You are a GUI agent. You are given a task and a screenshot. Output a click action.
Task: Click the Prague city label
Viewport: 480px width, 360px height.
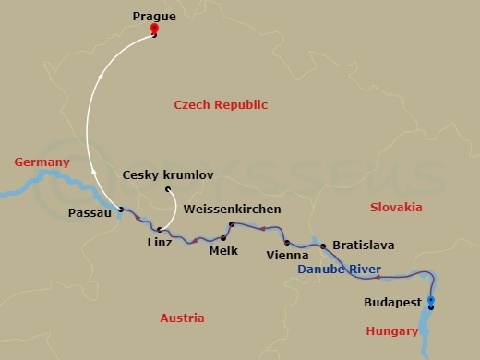pos(154,16)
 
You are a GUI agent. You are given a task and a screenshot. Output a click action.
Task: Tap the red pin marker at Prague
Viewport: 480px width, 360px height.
pos(154,30)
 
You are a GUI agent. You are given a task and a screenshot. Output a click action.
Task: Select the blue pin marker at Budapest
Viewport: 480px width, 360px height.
pos(431,300)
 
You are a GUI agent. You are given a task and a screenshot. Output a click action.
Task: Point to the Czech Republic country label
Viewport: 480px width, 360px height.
pos(221,105)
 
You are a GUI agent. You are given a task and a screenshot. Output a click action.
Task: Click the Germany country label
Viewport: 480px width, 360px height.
pos(42,162)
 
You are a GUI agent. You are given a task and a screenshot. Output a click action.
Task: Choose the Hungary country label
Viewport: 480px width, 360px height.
pos(394,330)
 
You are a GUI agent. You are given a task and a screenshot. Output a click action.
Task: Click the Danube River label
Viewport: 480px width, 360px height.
pos(340,270)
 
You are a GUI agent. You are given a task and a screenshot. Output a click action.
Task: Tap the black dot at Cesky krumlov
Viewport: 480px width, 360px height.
pos(168,191)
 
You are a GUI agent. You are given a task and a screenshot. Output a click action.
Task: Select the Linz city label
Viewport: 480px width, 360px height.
pos(160,242)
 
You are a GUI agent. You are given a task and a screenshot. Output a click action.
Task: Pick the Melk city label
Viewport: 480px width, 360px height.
pos(224,250)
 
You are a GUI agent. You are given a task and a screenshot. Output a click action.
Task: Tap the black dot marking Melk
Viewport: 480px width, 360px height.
pos(223,238)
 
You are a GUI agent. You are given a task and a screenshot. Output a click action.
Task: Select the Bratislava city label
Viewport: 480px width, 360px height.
pos(364,246)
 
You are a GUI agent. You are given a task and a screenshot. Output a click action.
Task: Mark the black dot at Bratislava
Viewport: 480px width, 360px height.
pos(323,246)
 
